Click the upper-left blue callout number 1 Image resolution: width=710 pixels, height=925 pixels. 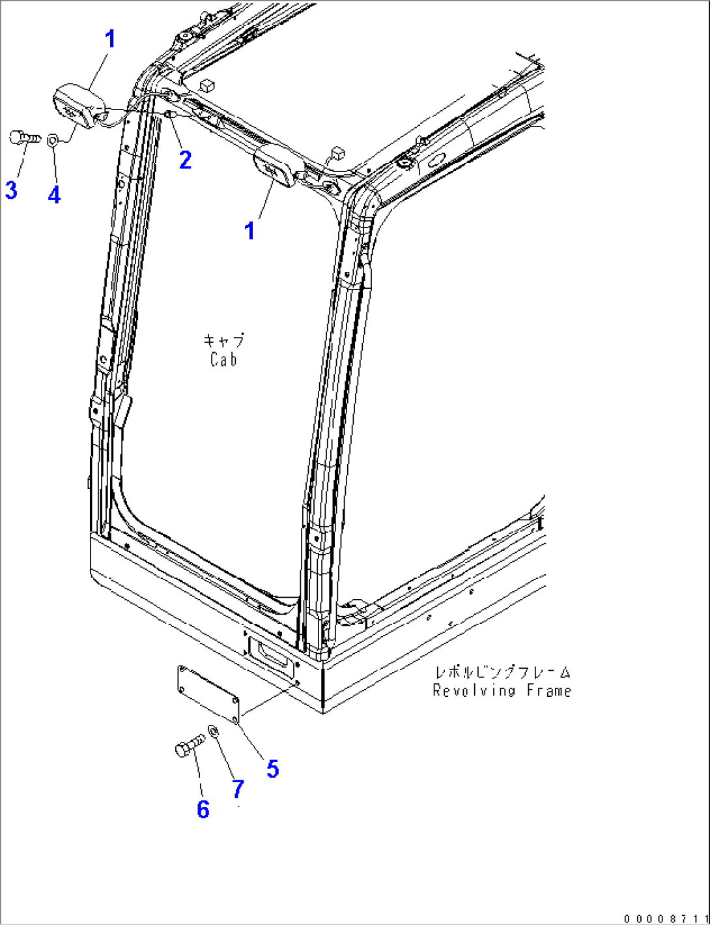[111, 39]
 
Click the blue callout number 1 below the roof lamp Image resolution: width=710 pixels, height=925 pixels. [249, 231]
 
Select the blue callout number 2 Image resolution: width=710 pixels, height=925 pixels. [186, 160]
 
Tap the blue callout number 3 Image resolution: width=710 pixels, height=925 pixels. [10, 190]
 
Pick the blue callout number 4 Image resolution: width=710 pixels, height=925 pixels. [54, 195]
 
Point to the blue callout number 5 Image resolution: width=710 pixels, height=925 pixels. [272, 769]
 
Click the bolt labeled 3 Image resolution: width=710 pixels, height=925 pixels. [25, 138]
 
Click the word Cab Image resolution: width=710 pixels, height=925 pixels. [224, 360]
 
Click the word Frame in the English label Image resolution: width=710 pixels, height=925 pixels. [549, 690]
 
